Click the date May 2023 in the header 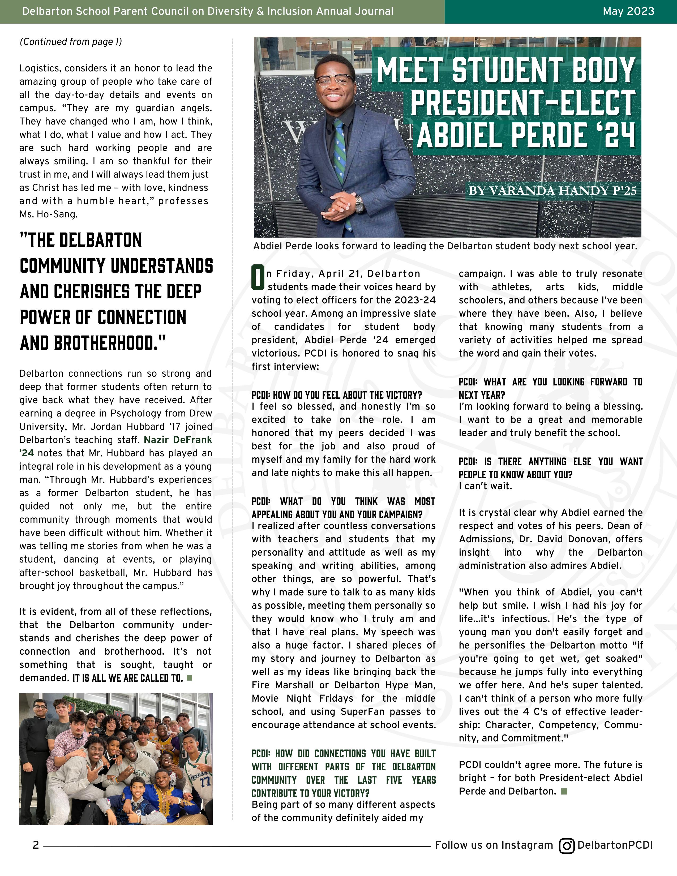click(628, 11)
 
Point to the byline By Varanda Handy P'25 click(552, 191)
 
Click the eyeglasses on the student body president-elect click(334, 80)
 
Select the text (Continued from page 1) click(71, 42)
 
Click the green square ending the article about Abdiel click(564, 791)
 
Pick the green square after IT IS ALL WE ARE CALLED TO click(190, 678)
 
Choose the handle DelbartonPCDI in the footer click(615, 845)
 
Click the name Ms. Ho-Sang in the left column click(49, 214)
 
